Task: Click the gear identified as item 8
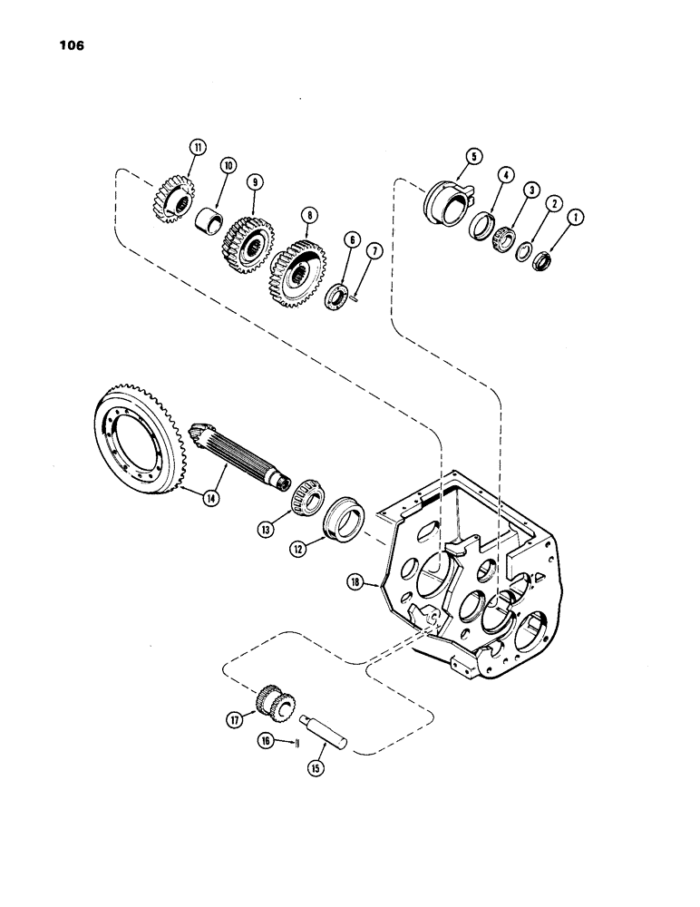click(297, 268)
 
